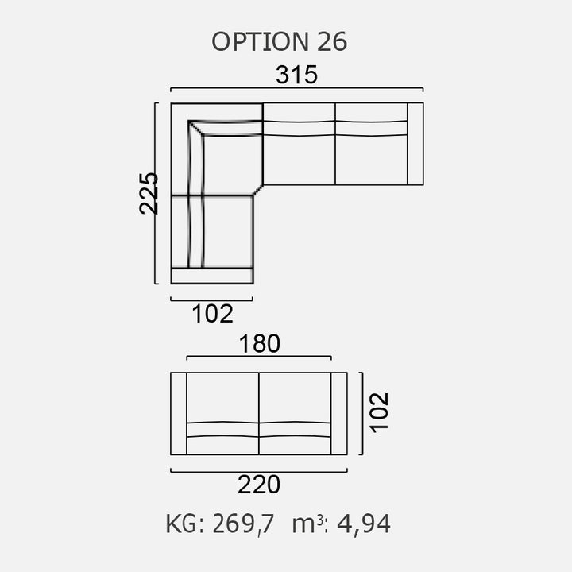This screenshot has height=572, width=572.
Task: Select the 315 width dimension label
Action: tap(296, 75)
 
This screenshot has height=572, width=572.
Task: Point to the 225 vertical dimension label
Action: tap(149, 192)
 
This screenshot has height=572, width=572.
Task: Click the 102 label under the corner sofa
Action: tap(212, 314)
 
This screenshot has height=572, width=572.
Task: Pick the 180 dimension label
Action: tap(259, 343)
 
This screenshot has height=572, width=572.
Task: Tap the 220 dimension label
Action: tap(259, 484)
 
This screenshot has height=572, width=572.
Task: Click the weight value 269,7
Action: tap(243, 524)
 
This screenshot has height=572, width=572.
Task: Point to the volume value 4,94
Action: tap(364, 524)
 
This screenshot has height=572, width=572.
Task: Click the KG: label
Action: tap(185, 524)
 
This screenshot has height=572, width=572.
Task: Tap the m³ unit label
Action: tap(307, 524)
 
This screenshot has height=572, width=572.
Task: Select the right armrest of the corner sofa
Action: tap(415, 143)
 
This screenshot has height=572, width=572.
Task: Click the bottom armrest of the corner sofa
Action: tap(212, 276)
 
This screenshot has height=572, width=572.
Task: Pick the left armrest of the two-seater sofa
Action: tap(179, 413)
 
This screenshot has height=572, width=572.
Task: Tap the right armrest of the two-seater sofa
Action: tap(339, 413)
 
